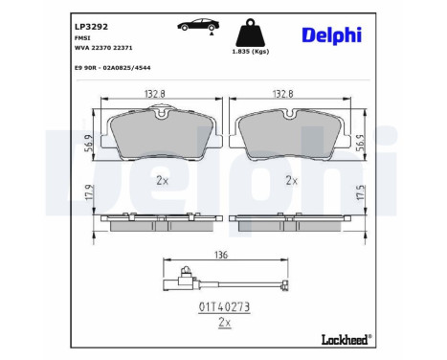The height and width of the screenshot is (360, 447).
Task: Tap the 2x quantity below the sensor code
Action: (x=223, y=323)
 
